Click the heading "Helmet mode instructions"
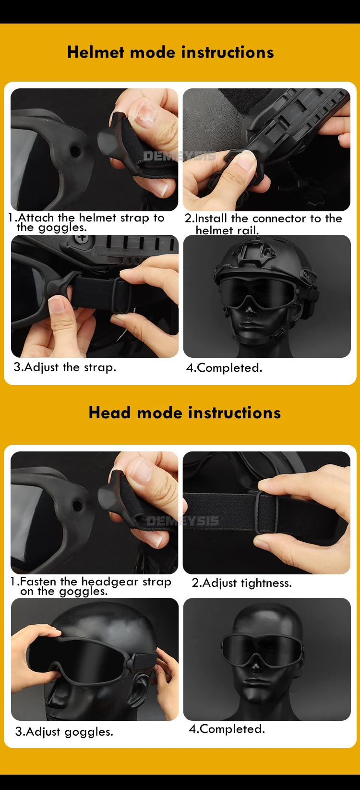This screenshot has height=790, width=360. click(171, 52)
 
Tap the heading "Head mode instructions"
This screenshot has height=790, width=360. click(185, 413)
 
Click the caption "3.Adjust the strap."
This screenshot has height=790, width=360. click(65, 367)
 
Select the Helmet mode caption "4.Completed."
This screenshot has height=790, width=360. click(224, 368)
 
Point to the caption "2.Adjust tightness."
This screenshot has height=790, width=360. click(242, 583)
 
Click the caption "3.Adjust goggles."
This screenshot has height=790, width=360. click(64, 732)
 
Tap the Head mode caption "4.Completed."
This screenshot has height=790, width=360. click(227, 729)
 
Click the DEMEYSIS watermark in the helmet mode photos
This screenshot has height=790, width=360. click(180, 156)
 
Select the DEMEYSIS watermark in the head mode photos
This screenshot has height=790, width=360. click(182, 521)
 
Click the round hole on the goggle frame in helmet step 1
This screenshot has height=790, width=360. click(75, 151)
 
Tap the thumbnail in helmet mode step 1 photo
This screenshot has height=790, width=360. click(145, 113)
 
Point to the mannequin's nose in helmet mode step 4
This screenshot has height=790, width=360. click(250, 311)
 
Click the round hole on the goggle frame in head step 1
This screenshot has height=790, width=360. click(77, 506)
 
